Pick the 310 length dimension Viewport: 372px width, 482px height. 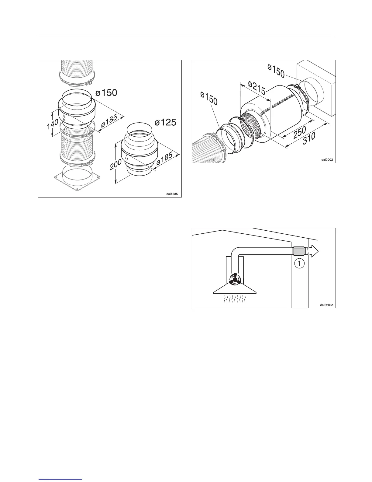coord(309,140)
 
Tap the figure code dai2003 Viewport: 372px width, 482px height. coord(327,159)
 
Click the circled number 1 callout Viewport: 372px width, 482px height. coord(299,264)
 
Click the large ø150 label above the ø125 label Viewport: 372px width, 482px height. coord(106,93)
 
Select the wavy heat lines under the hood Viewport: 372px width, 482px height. coord(235,299)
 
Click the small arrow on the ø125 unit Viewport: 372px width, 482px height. coord(127,158)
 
